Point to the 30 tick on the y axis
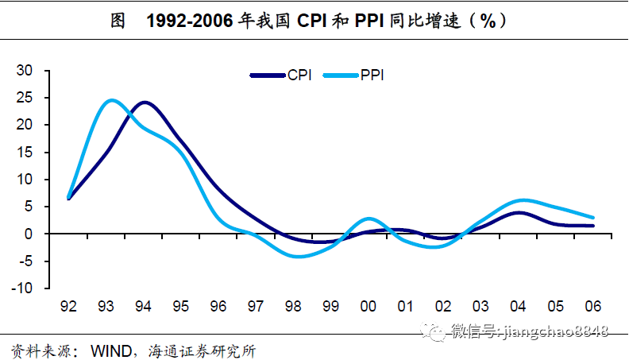pos(25,70)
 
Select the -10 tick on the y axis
pos(22,288)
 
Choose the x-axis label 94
pos(144,305)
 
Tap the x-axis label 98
pos(293,305)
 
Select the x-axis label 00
pos(368,305)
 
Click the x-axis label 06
pos(592,305)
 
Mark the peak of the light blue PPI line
pos(111,100)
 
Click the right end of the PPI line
pos(592,217)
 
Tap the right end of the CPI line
pos(592,226)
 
